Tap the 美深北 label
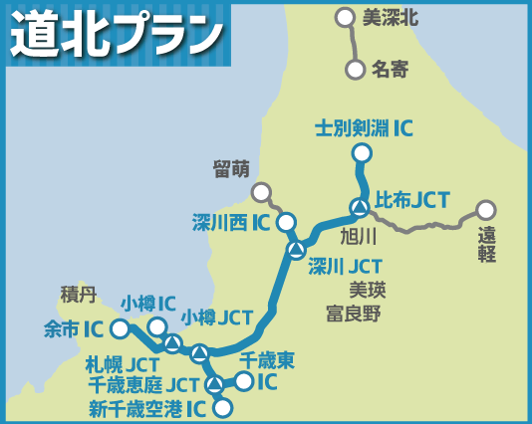390,17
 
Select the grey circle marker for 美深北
345,17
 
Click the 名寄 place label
390,70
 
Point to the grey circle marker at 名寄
355,70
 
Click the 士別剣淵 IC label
363,127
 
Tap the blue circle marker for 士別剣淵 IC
362,153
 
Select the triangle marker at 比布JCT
359,207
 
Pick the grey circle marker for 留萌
261,192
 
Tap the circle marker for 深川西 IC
286,222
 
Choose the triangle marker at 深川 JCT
295,249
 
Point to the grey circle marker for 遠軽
485,210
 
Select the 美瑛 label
367,290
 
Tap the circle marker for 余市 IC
120,328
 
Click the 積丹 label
78,295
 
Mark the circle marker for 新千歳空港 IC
222,407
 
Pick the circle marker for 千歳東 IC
243,380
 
